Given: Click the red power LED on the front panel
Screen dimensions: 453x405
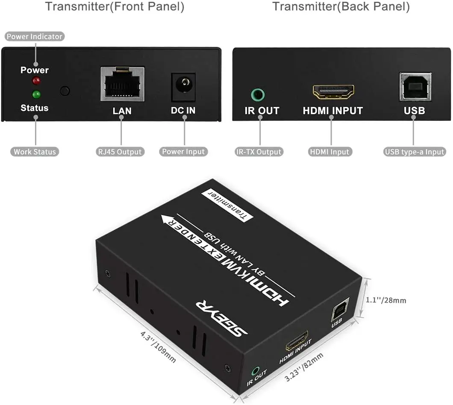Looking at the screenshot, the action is point(36,81).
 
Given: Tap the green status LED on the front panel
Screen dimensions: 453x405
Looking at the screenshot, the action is point(36,94).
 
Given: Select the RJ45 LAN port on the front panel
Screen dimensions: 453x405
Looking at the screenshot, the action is point(123,84).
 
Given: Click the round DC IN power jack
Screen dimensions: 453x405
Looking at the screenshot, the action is point(183,87).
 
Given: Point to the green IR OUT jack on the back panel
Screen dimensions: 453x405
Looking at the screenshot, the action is point(258,95).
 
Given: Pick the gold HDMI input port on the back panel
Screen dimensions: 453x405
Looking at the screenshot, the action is point(333,92).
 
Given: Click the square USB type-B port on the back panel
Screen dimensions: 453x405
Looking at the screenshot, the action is point(415,87).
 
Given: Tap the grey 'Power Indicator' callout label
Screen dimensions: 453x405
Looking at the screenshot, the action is point(34,36).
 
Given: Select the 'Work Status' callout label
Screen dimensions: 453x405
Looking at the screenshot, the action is point(35,152).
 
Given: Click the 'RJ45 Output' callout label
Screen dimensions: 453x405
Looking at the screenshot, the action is point(120,152).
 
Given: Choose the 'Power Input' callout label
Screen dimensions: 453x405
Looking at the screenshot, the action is point(183,152).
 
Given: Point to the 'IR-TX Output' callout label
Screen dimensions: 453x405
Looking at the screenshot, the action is point(259,152).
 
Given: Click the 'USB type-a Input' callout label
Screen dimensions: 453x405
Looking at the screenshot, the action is point(415,152).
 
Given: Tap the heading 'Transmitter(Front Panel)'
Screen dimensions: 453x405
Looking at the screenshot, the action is point(115,6).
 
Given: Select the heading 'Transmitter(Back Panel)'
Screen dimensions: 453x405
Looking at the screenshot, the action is point(341,6).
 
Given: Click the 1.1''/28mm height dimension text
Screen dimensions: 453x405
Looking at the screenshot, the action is point(386,300).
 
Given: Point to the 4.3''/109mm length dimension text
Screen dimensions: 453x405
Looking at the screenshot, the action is point(158,346).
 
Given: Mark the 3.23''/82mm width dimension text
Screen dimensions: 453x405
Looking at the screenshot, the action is point(303,367).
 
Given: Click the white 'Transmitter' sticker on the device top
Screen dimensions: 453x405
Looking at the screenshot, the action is point(227,205).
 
